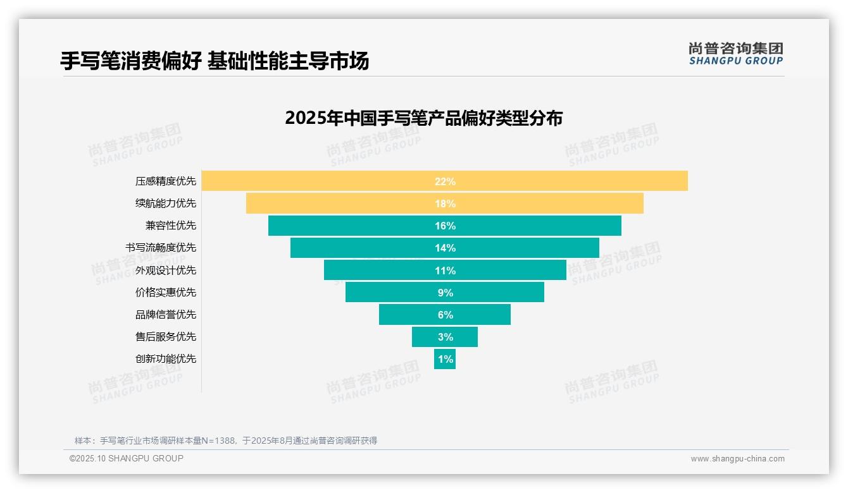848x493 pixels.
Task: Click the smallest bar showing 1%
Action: tap(445, 359)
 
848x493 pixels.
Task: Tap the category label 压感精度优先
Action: tap(166, 181)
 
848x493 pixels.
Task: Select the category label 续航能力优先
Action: tap(166, 204)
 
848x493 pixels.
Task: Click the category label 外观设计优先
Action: tap(166, 271)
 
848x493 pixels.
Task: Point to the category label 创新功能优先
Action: tap(166, 359)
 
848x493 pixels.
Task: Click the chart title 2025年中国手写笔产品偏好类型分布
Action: tap(423, 118)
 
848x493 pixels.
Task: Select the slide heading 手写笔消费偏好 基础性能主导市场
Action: tap(215, 61)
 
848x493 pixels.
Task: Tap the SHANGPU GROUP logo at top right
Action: tap(735, 54)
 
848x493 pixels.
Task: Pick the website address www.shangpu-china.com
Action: tap(737, 459)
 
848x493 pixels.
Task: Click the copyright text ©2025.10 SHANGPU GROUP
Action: tap(127, 458)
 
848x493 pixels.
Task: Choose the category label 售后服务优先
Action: tap(166, 337)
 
